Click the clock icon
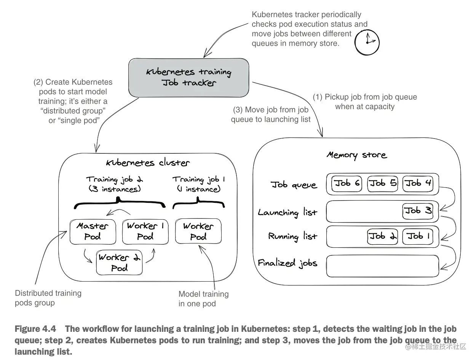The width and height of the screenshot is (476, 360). (367, 42)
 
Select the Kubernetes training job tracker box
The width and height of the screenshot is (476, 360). (188, 78)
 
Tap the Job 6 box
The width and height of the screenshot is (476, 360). (347, 183)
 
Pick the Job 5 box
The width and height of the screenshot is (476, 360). (383, 183)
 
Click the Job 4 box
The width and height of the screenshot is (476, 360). (418, 183)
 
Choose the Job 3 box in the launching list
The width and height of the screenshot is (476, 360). (418, 211)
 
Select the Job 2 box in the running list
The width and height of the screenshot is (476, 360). (383, 236)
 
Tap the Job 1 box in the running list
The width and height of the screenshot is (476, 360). (418, 236)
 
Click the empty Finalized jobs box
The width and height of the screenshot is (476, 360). (383, 266)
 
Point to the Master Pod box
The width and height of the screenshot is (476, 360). (93, 232)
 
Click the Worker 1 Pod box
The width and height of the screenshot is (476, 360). (145, 232)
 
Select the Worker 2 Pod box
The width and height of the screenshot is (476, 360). (119, 263)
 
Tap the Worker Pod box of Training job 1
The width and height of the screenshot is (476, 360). (198, 231)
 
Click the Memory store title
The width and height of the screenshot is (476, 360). (357, 155)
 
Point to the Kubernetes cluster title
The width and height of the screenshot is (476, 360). (148, 163)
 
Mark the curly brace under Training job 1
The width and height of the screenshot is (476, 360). (198, 203)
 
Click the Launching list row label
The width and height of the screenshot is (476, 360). (288, 212)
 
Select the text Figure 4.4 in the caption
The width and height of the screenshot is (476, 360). (35, 329)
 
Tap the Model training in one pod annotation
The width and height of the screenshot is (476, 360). (203, 299)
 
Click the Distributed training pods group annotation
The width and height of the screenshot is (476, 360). (48, 298)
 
